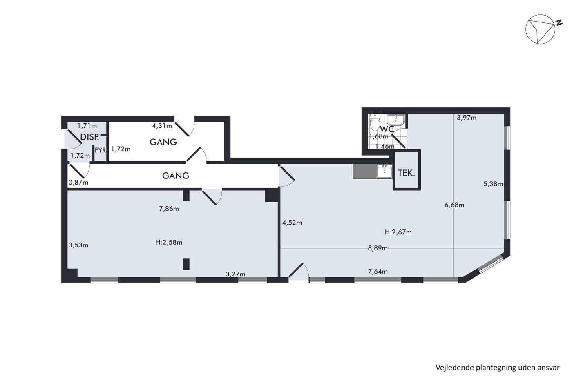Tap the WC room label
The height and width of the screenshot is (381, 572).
387,129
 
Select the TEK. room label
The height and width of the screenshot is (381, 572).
407,173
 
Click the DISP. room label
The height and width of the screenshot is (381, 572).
89,137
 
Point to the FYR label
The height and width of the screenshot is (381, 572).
101,150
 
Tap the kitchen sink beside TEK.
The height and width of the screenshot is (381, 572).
384,171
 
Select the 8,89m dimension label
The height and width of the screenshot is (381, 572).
378,248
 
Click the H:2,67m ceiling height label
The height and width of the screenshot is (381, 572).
398,232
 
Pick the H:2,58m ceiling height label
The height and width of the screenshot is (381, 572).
169,242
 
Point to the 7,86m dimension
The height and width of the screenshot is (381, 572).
169,209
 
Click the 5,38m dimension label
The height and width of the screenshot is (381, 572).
493,184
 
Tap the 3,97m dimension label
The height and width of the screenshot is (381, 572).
467,118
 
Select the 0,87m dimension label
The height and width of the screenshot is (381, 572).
78,183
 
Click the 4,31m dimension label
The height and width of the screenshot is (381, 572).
162,125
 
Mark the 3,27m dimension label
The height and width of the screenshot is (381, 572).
235,274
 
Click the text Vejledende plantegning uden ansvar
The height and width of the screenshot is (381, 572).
498,368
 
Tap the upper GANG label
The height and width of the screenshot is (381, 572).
163,142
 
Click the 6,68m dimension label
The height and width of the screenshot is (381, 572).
454,205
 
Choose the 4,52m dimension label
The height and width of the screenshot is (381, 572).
292,223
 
